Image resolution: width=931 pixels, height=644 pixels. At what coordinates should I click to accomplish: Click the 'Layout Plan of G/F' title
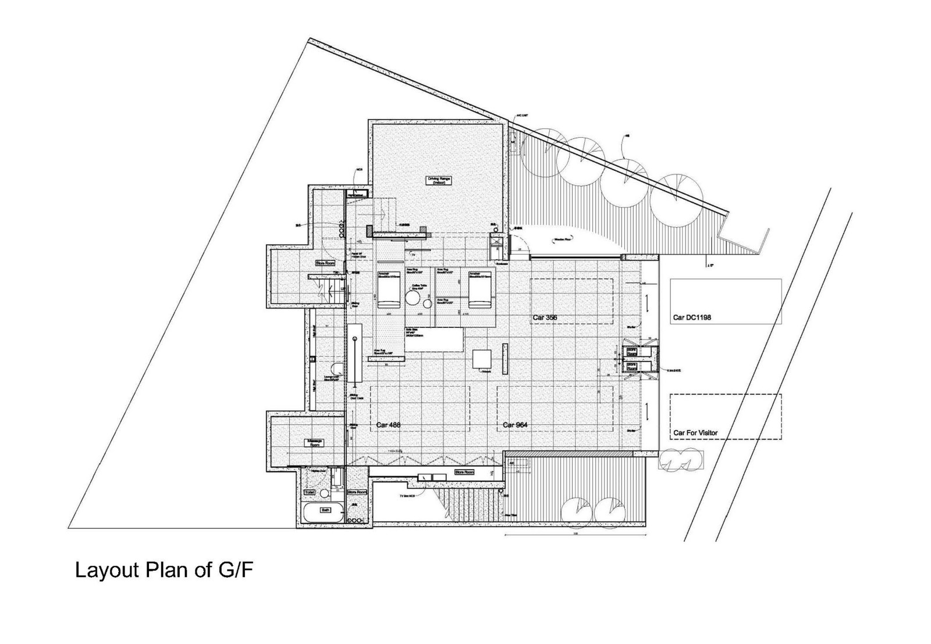pyautogui.click(x=165, y=570)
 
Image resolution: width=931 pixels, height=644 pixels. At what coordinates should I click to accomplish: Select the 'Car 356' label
pyautogui.click(x=545, y=317)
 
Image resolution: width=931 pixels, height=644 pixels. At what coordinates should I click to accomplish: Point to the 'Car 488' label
pyautogui.click(x=389, y=425)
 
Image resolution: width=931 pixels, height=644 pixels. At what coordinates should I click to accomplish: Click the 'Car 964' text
pyautogui.click(x=515, y=425)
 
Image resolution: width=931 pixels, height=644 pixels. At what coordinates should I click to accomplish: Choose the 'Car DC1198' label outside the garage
pyautogui.click(x=692, y=317)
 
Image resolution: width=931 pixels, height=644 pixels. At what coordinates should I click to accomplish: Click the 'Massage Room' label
pyautogui.click(x=315, y=443)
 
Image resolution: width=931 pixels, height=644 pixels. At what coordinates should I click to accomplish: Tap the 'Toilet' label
pyautogui.click(x=310, y=492)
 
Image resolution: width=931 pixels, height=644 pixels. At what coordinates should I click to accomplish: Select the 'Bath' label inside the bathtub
pyautogui.click(x=325, y=510)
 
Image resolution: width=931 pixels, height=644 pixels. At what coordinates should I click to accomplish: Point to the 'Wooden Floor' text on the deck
pyautogui.click(x=561, y=239)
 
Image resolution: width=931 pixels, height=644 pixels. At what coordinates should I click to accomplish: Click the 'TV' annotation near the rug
pyautogui.click(x=413, y=255)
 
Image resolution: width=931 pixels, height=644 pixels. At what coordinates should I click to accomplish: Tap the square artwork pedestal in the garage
pyautogui.click(x=482, y=359)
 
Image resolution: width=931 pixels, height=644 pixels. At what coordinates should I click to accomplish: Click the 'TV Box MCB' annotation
pyautogui.click(x=407, y=496)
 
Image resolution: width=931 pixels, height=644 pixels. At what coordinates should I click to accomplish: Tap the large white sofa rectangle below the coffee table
pyautogui.click(x=433, y=339)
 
